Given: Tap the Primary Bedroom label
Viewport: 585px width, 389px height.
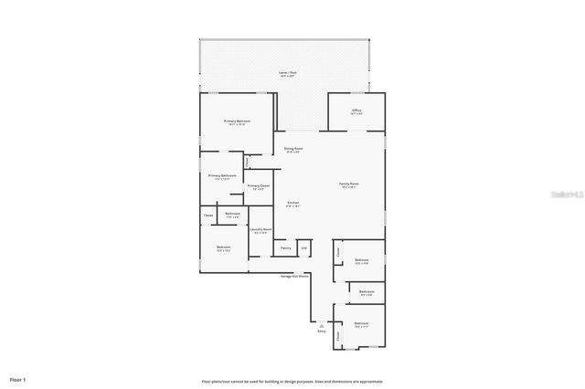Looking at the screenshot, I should [237, 121].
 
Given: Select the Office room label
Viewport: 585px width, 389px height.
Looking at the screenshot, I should [356, 110].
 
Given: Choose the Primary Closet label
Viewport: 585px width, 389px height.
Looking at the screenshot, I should [259, 187].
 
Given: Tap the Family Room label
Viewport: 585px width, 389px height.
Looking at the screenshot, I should [348, 184].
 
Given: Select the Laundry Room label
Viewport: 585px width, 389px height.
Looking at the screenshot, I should [261, 231].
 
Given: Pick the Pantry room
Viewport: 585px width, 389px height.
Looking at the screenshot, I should [285, 247].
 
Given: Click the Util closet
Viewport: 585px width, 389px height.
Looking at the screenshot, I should [304, 247].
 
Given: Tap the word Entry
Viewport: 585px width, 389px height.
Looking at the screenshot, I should [321, 331].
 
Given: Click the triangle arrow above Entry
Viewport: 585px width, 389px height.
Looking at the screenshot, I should [321, 325].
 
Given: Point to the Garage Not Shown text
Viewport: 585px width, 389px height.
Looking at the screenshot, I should [294, 274].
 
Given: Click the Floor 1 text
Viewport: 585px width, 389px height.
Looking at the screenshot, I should [18, 379].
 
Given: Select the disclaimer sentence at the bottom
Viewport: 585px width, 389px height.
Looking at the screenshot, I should [292, 381].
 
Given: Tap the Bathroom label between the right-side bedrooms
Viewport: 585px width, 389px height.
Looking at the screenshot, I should [366, 293].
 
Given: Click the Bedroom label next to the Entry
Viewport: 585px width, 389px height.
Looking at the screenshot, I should [361, 324].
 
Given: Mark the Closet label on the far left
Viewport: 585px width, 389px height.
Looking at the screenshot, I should [208, 216].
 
